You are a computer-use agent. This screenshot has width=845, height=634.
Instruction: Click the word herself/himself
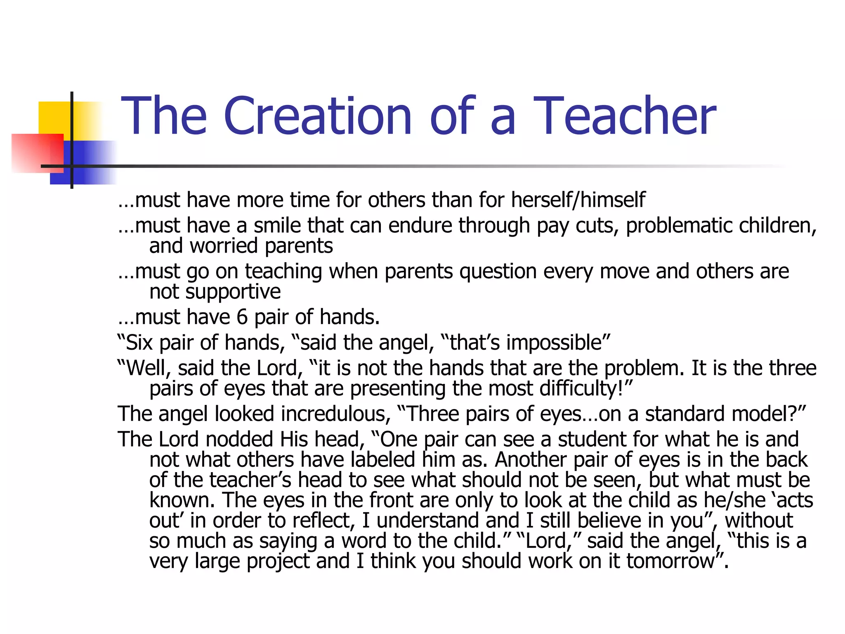578,200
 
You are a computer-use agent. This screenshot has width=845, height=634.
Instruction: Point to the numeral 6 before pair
242,317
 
